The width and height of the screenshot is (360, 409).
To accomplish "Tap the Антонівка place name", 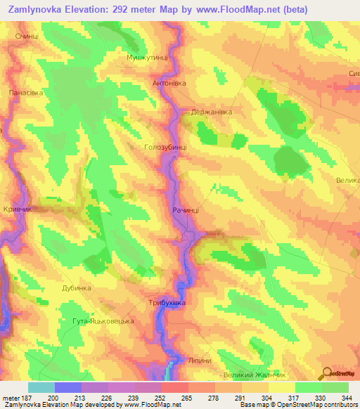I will (169, 82).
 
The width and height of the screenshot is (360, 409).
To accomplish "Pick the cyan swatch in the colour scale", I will (41, 387).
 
